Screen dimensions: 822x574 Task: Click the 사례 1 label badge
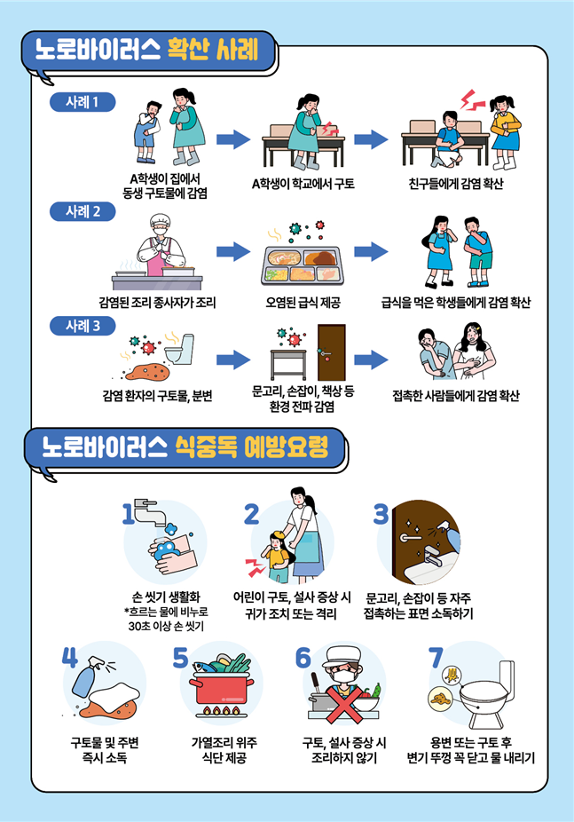tap(84, 101)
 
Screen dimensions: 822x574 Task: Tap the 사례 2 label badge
tap(84, 212)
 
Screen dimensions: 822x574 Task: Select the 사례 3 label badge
tap(84, 326)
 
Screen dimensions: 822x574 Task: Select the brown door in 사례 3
tap(332, 352)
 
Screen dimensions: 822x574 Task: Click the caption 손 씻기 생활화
tap(166, 597)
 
